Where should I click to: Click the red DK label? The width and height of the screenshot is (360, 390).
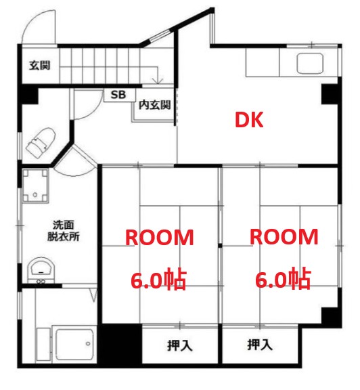pyautogui.click(x=248, y=120)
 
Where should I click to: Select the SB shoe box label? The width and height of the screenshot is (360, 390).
pyautogui.click(x=118, y=95)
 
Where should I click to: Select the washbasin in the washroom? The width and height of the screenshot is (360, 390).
pyautogui.click(x=41, y=269)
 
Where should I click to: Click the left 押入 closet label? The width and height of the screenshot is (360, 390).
pyautogui.click(x=180, y=345)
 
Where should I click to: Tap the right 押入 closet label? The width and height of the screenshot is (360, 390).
pyautogui.click(x=260, y=345)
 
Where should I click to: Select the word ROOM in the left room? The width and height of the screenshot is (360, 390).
pyautogui.click(x=160, y=238)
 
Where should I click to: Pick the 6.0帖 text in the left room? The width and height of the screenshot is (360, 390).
pyautogui.click(x=160, y=278)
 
